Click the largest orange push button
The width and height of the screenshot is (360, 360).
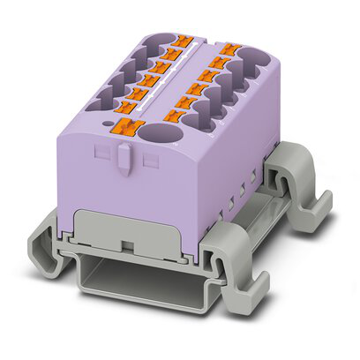(130, 127)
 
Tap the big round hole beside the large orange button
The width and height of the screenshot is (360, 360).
(161, 136)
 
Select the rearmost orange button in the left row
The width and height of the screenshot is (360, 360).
(184, 41)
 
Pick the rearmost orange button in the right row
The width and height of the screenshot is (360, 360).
(232, 50)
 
